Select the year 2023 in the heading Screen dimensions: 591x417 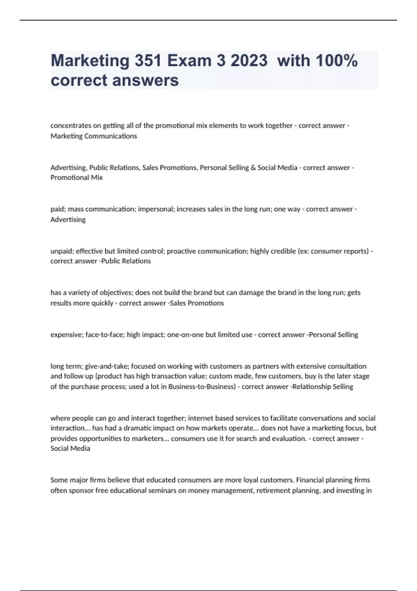pyautogui.click(x=249, y=61)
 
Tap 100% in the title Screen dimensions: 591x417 pyautogui.click(x=336, y=61)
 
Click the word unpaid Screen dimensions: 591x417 pyautogui.click(x=61, y=251)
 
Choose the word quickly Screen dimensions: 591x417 pyautogui.click(x=102, y=303)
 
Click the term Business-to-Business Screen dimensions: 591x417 pyautogui.click(x=202, y=387)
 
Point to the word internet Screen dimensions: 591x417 pyautogui.click(x=199, y=418)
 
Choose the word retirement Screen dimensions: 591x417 pyautogui.click(x=273, y=491)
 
